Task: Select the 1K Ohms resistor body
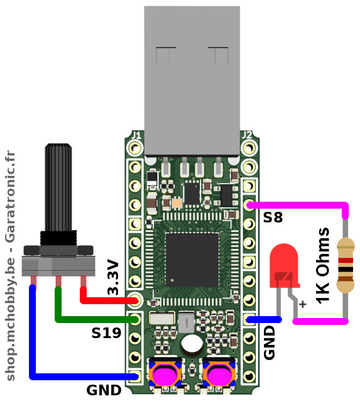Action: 346,265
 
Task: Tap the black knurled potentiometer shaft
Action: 58,187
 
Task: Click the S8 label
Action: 273,217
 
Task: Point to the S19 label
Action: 106,333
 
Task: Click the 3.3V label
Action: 113,277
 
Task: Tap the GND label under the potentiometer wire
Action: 104,390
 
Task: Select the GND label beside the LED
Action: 269,343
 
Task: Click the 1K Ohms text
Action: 323,266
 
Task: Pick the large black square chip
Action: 192,260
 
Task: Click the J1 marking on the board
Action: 136,135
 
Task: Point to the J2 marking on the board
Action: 247,135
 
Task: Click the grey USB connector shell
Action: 192,81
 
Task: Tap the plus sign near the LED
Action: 303,304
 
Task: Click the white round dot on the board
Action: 192,344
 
